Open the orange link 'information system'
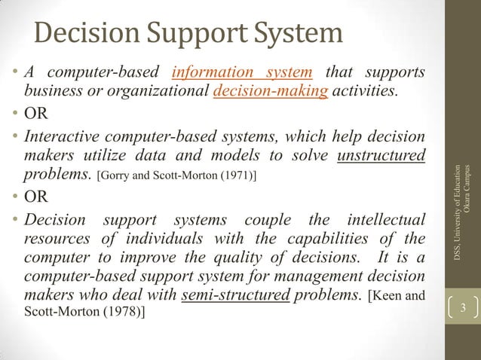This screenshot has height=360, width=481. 242,73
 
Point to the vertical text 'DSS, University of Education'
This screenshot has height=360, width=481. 455,214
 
